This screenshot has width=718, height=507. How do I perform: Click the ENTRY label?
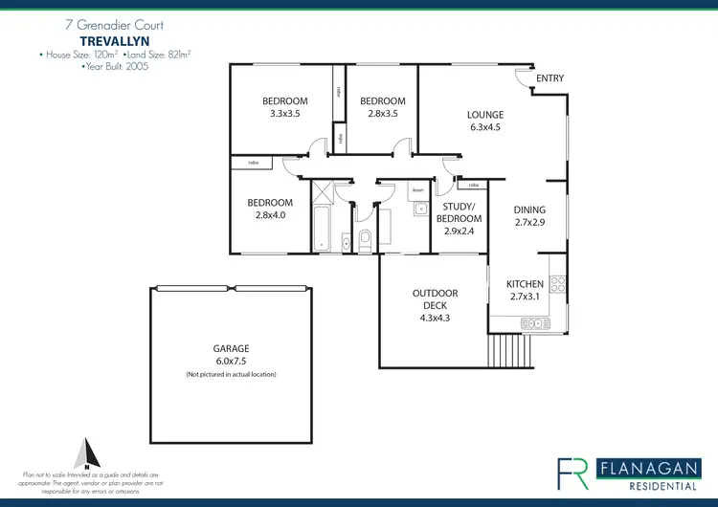[x=550, y=78]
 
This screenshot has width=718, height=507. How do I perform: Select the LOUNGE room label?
[x=485, y=114]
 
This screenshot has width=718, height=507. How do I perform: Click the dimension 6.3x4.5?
[x=485, y=126]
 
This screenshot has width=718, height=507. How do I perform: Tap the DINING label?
[x=529, y=209]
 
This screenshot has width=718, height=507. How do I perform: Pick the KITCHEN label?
[x=525, y=284]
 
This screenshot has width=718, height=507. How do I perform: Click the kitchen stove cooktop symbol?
[x=558, y=283]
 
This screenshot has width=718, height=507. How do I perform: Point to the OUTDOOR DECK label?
[x=435, y=299]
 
